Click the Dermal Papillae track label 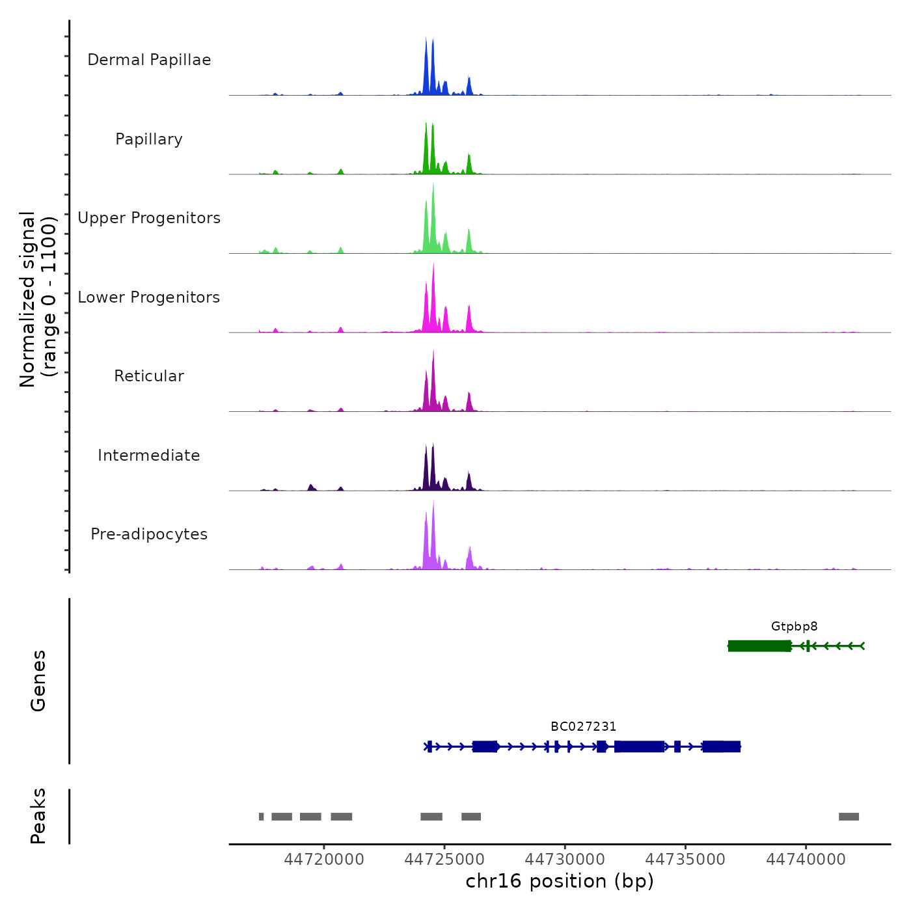pos(149,60)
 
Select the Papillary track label pos(149,139)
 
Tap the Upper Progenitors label pos(149,218)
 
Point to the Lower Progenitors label pos(149,297)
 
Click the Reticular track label pos(149,376)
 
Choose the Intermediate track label pos(149,455)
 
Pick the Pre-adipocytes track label pos(149,534)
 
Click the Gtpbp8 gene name pos(794,627)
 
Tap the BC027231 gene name pos(583,727)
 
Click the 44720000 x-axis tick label pos(324,860)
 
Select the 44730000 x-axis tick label pos(565,860)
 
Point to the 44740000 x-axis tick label pos(806,860)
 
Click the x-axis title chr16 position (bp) pos(560,882)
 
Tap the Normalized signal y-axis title pos(38,299)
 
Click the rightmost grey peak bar pos(849,817)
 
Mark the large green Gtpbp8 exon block pos(759,646)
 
